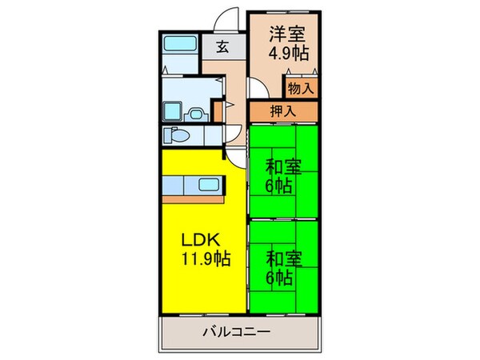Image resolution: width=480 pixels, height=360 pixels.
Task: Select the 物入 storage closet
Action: (x=300, y=87)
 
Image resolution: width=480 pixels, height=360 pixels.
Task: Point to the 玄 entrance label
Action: (x=222, y=46)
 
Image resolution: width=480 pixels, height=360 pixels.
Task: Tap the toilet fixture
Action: (x=178, y=135)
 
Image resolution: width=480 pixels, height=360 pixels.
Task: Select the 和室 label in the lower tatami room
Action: (x=284, y=260)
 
